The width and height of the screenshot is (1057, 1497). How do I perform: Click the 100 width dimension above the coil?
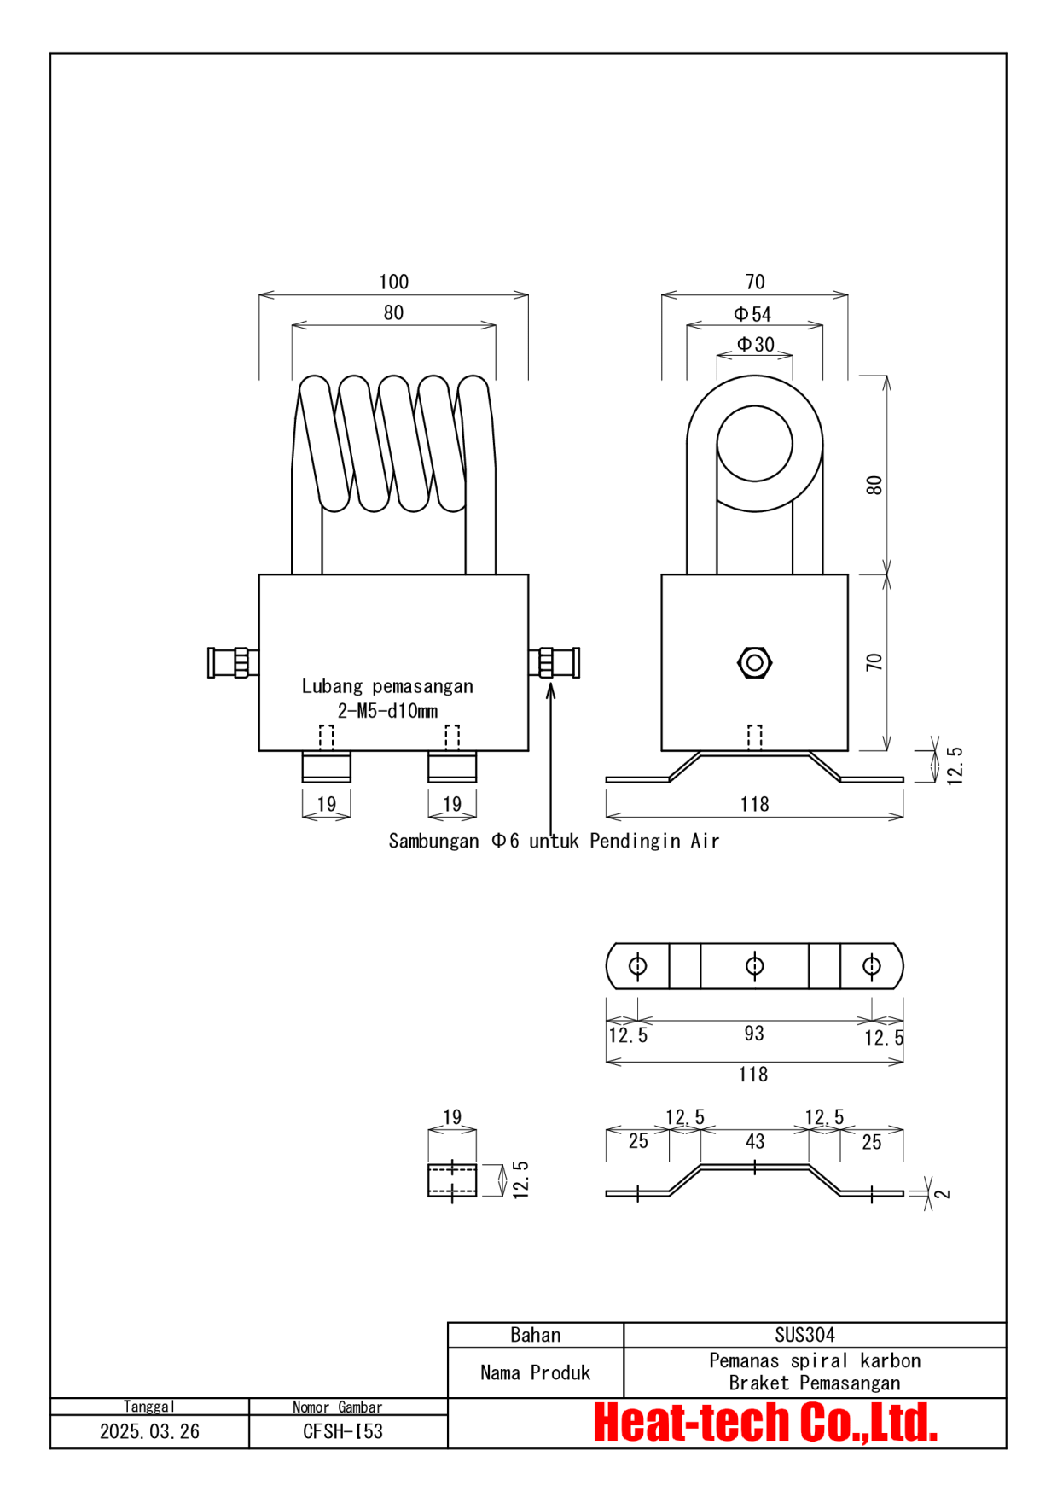click(393, 282)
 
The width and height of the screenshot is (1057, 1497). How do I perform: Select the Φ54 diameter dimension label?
click(752, 314)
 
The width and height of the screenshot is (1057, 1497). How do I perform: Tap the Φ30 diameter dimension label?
click(756, 344)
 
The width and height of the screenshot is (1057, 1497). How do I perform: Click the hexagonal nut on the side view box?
click(754, 662)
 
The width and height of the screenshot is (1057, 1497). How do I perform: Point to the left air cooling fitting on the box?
click(232, 662)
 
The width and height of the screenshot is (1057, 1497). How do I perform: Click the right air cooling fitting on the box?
click(555, 662)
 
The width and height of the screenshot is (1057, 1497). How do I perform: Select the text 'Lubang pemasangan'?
click(387, 686)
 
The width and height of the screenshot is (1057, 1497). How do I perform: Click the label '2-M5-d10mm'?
click(387, 711)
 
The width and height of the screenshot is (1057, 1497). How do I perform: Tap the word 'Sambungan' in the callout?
click(433, 841)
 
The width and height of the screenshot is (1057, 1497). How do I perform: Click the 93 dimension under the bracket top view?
click(753, 1034)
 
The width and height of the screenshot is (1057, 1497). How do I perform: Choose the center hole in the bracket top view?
click(754, 965)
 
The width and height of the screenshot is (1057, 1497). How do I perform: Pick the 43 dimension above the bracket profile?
click(755, 1141)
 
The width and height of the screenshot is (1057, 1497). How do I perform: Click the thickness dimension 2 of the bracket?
click(942, 1193)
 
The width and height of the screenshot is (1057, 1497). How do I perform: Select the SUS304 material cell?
click(804, 1335)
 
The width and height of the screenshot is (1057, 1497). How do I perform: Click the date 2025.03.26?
click(149, 1431)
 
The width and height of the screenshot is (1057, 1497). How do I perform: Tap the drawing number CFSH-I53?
click(343, 1431)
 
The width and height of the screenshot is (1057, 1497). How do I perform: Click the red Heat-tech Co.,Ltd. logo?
click(765, 1423)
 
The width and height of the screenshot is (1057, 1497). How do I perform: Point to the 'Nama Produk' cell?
click(535, 1372)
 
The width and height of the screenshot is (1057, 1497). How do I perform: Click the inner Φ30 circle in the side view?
click(754, 443)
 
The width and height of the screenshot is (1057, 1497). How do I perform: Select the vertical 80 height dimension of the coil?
click(874, 485)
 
